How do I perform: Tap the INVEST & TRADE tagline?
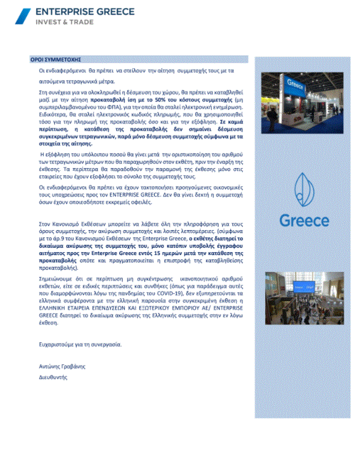tap(64, 22)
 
